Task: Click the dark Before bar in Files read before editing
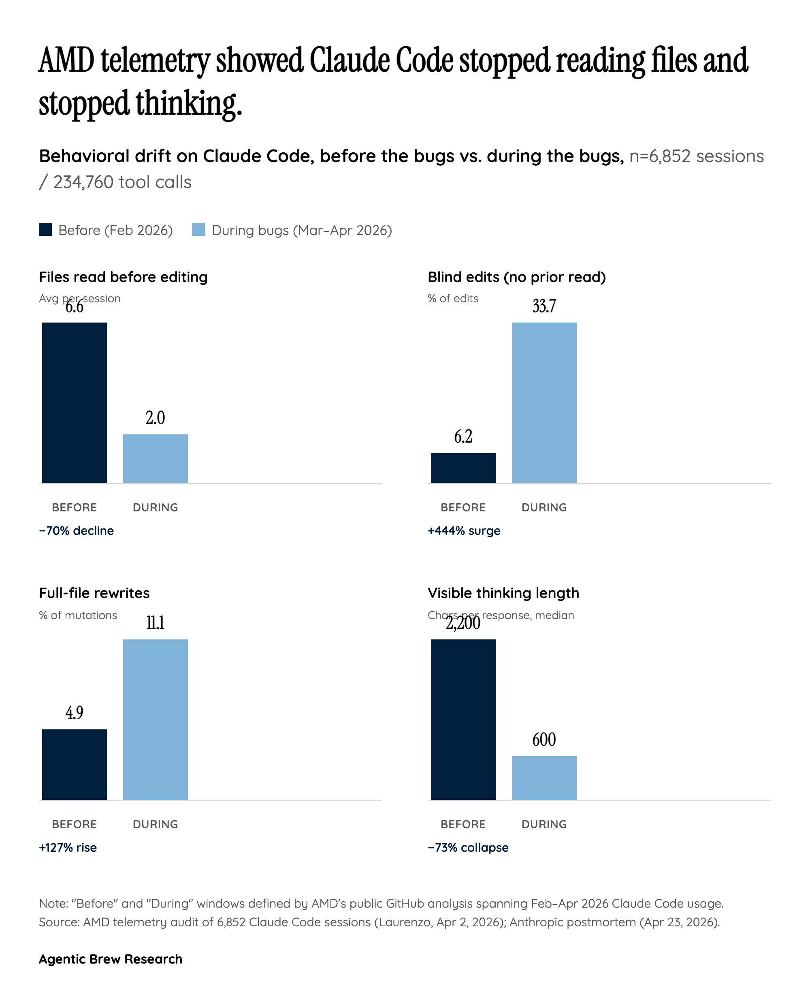pyautogui.click(x=74, y=402)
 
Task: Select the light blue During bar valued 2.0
pyautogui.click(x=156, y=458)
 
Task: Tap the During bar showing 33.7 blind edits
pyautogui.click(x=544, y=402)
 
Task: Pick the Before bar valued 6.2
pyautogui.click(x=463, y=468)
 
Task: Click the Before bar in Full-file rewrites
pyautogui.click(x=74, y=765)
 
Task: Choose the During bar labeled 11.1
pyautogui.click(x=156, y=719)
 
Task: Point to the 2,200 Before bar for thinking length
pyautogui.click(x=463, y=719)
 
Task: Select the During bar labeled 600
pyautogui.click(x=544, y=778)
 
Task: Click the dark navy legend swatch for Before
pyautogui.click(x=45, y=230)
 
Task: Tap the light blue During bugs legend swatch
pyautogui.click(x=198, y=230)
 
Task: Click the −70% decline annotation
pyautogui.click(x=77, y=531)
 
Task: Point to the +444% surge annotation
pyautogui.click(x=464, y=531)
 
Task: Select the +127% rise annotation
pyautogui.click(x=68, y=848)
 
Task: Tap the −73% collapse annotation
pyautogui.click(x=468, y=848)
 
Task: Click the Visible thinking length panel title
pyautogui.click(x=503, y=593)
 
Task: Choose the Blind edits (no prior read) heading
pyautogui.click(x=516, y=277)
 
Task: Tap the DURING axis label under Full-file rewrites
pyautogui.click(x=156, y=824)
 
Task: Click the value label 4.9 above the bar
pyautogui.click(x=74, y=713)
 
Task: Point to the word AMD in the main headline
pyautogui.click(x=66, y=61)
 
